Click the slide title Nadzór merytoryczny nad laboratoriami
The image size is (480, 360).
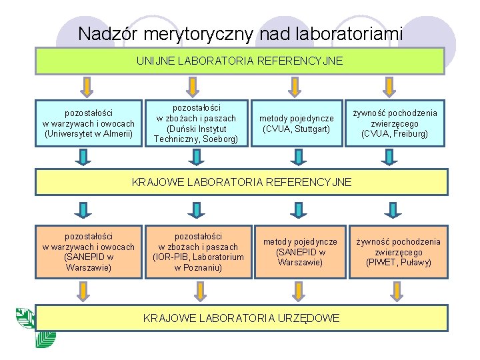point(239,33)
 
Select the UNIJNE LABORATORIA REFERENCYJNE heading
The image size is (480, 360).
point(239,61)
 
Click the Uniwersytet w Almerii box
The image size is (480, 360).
point(89,123)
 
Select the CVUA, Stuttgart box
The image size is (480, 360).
point(297,123)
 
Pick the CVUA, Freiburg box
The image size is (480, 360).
point(395,123)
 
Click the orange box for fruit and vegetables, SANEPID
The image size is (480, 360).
point(89,251)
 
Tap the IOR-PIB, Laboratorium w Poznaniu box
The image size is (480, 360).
point(198,251)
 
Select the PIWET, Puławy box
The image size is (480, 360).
point(398,251)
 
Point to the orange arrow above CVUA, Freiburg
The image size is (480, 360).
point(387,86)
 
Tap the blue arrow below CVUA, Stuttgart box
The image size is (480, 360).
point(291,156)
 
